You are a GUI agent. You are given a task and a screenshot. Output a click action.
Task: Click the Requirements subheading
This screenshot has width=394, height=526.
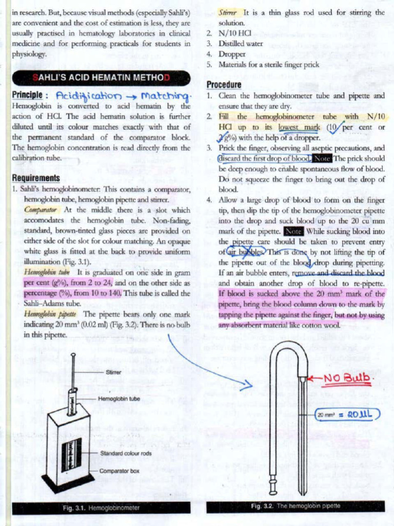click(36, 178)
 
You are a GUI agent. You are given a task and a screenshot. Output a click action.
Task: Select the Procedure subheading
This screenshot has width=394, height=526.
click(224, 85)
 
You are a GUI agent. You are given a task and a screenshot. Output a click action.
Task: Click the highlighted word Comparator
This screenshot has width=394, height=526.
click(42, 210)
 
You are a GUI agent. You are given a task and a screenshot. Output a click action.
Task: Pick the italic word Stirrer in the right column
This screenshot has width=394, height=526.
click(228, 12)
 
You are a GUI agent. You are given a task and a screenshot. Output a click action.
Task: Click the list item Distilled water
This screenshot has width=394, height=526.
click(241, 44)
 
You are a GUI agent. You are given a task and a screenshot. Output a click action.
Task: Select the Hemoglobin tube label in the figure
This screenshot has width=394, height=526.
click(119, 399)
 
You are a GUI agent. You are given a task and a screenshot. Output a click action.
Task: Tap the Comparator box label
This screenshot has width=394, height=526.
click(119, 471)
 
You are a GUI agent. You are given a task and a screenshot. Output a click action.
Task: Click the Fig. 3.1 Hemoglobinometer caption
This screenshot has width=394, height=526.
click(101, 508)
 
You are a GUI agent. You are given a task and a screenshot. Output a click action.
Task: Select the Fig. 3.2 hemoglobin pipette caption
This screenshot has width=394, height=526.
click(295, 506)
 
